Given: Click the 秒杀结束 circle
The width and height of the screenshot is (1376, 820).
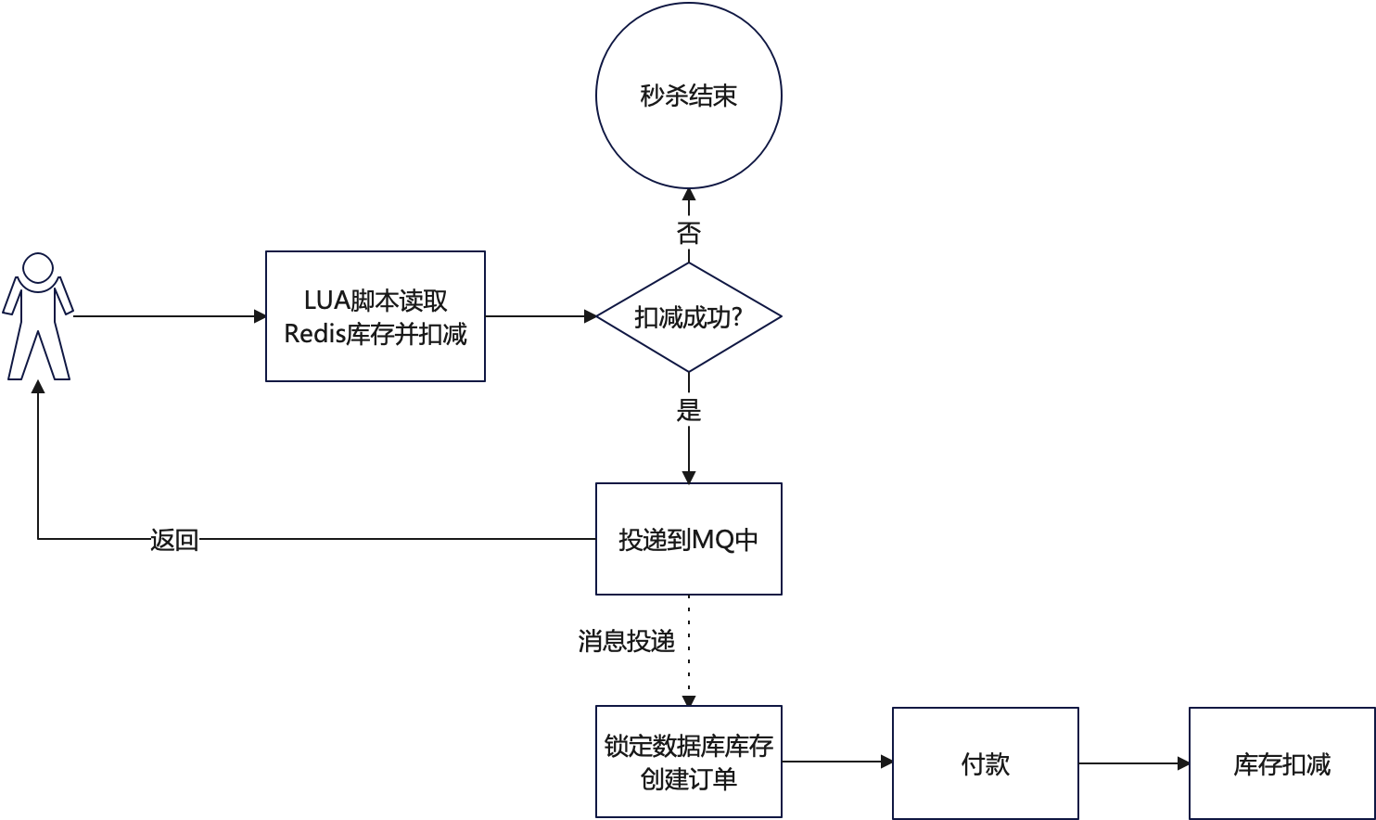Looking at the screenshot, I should (x=688, y=95).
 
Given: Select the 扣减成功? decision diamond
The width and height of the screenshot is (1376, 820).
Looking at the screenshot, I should (x=688, y=317).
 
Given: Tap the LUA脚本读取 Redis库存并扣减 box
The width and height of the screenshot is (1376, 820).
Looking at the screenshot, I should (x=375, y=316).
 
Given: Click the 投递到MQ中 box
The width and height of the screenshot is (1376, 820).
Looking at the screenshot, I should (x=688, y=539).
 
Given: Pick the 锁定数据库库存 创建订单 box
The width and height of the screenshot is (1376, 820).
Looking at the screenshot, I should (x=688, y=762).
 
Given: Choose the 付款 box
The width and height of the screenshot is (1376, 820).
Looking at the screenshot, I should (x=985, y=763).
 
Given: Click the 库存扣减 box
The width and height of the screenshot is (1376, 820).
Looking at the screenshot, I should (x=1281, y=763).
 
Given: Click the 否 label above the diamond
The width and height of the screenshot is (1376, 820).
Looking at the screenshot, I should (x=688, y=233).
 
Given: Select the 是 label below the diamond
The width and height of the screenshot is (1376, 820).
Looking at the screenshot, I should (x=688, y=409).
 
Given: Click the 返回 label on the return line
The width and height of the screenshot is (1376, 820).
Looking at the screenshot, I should (x=174, y=539).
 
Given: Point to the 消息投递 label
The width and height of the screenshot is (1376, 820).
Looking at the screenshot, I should (x=626, y=641).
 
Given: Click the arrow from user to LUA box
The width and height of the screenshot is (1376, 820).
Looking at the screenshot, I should (x=167, y=317).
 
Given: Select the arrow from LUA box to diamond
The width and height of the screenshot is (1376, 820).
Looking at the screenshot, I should (x=541, y=317).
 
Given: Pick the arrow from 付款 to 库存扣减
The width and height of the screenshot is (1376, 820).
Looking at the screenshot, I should (x=1133, y=763).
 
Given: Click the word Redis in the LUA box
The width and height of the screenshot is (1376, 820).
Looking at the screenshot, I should (x=313, y=334).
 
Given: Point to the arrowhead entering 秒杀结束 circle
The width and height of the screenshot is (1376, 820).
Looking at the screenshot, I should (x=688, y=197).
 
